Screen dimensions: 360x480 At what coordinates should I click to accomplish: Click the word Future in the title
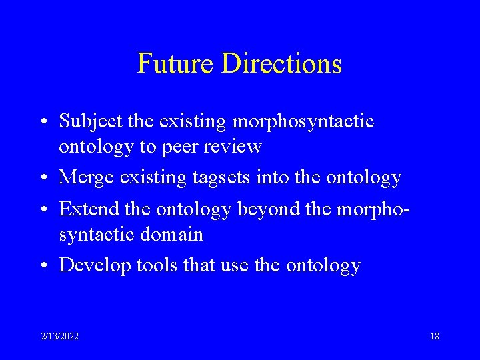coord(176,63)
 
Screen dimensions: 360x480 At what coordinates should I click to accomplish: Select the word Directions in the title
coord(282,63)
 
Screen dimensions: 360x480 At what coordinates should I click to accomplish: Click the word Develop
coord(95,265)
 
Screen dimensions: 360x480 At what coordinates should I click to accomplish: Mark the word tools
coord(157,265)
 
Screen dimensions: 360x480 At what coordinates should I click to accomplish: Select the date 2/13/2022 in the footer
coord(59,337)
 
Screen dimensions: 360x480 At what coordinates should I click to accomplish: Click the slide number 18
coord(434,337)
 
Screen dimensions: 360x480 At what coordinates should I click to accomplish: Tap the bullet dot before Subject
coord(43,123)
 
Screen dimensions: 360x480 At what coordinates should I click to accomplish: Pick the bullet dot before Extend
coord(43,210)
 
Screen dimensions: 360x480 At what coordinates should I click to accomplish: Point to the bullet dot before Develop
coord(43,266)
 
